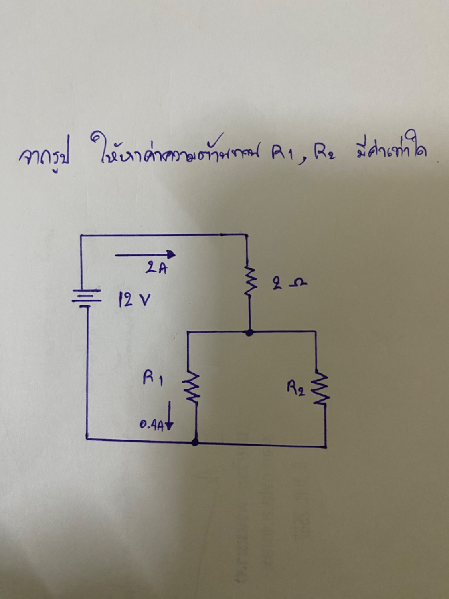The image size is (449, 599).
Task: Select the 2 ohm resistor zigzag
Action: coord(249,282)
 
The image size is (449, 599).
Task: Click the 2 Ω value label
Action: coord(290,285)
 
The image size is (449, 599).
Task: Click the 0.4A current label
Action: coord(151,426)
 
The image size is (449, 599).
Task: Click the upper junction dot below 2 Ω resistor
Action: coord(249,332)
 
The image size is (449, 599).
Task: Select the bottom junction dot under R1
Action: coord(195,442)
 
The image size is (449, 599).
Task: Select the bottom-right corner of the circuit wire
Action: coord(326,445)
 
